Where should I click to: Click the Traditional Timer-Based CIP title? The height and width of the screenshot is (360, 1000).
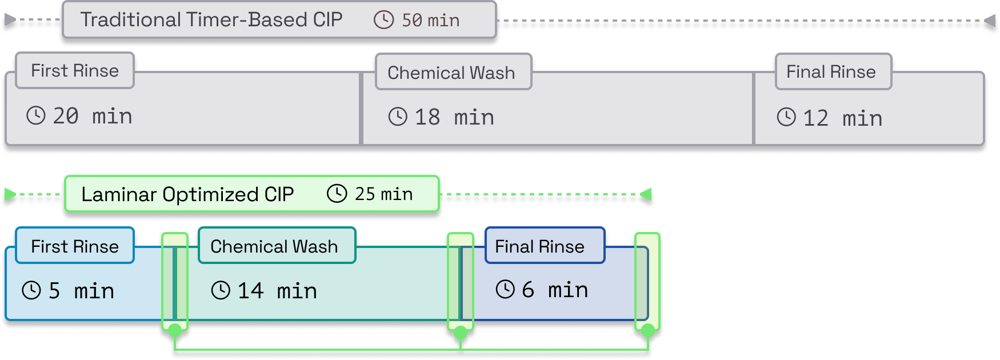point(211,20)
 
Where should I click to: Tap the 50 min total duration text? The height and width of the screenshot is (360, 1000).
point(430,21)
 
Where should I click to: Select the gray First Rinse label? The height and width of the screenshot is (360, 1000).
point(75,71)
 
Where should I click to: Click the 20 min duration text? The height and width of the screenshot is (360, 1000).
point(93,117)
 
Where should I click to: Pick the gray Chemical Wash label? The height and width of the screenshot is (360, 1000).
point(451,73)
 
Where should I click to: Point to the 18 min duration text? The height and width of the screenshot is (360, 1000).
point(454,118)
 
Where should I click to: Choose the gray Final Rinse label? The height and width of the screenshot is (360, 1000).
point(831,72)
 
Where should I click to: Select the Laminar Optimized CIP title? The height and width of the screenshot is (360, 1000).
point(187,194)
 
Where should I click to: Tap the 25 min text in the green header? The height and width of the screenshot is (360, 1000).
point(383,194)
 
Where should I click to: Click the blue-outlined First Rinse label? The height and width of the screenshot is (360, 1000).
point(75,246)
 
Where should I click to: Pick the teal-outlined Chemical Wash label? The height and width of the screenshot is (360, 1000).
point(274,246)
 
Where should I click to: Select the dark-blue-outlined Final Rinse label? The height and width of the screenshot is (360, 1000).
point(539,246)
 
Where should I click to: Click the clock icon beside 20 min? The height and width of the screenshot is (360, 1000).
point(36,115)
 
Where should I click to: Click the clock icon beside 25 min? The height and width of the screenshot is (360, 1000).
point(337,194)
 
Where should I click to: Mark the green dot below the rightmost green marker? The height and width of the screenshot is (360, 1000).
point(647,330)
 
